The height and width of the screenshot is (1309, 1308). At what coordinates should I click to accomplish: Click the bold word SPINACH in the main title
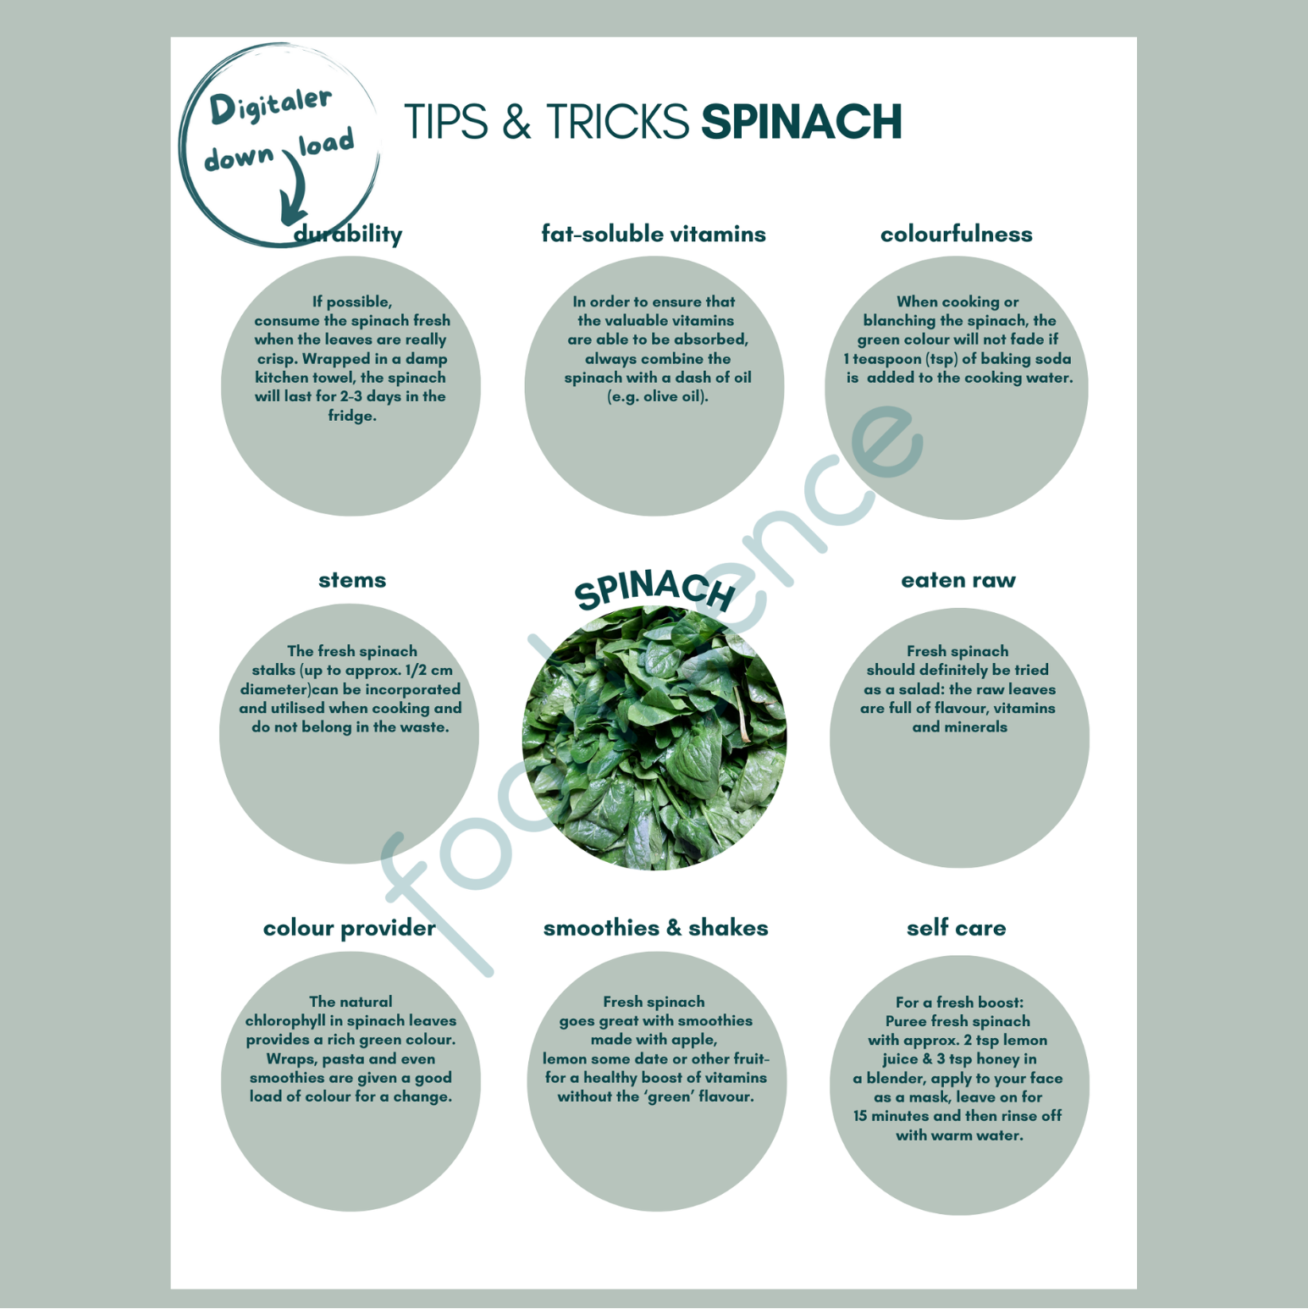coord(802,122)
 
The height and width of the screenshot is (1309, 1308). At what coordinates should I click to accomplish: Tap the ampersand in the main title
coord(516,122)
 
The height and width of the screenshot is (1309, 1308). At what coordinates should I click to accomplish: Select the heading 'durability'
coord(348,235)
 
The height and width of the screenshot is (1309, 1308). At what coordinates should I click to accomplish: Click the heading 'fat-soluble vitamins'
coord(654,235)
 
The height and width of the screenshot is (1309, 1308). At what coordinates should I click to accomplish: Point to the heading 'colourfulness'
coord(957,235)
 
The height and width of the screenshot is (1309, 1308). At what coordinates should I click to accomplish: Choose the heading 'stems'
coord(352,581)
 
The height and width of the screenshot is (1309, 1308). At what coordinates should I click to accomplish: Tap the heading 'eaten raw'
coord(958,581)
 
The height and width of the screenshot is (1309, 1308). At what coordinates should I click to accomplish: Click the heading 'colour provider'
coord(350,929)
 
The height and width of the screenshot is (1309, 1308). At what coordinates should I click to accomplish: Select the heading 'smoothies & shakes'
coord(656,928)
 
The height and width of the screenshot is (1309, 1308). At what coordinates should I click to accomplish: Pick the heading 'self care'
coord(957,928)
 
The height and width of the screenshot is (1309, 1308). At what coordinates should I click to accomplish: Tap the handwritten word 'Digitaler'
coord(270,105)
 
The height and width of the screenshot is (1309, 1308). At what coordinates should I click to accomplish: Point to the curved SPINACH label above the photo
coord(654,589)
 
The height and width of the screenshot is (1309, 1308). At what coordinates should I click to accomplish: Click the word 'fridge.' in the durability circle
coord(352,416)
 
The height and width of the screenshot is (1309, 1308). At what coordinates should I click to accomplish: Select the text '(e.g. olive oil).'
coord(658,397)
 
